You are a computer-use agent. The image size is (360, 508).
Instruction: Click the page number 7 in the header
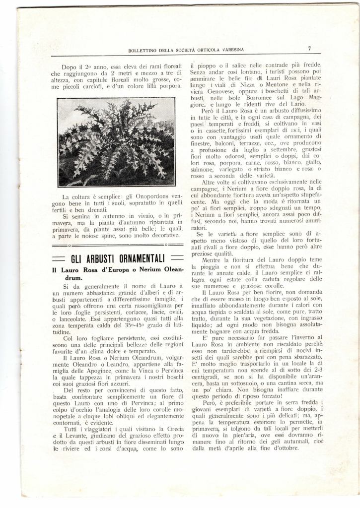click(309, 49)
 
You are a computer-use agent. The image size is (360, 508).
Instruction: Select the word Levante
click(77, 436)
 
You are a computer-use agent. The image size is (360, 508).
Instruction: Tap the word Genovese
click(220, 92)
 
